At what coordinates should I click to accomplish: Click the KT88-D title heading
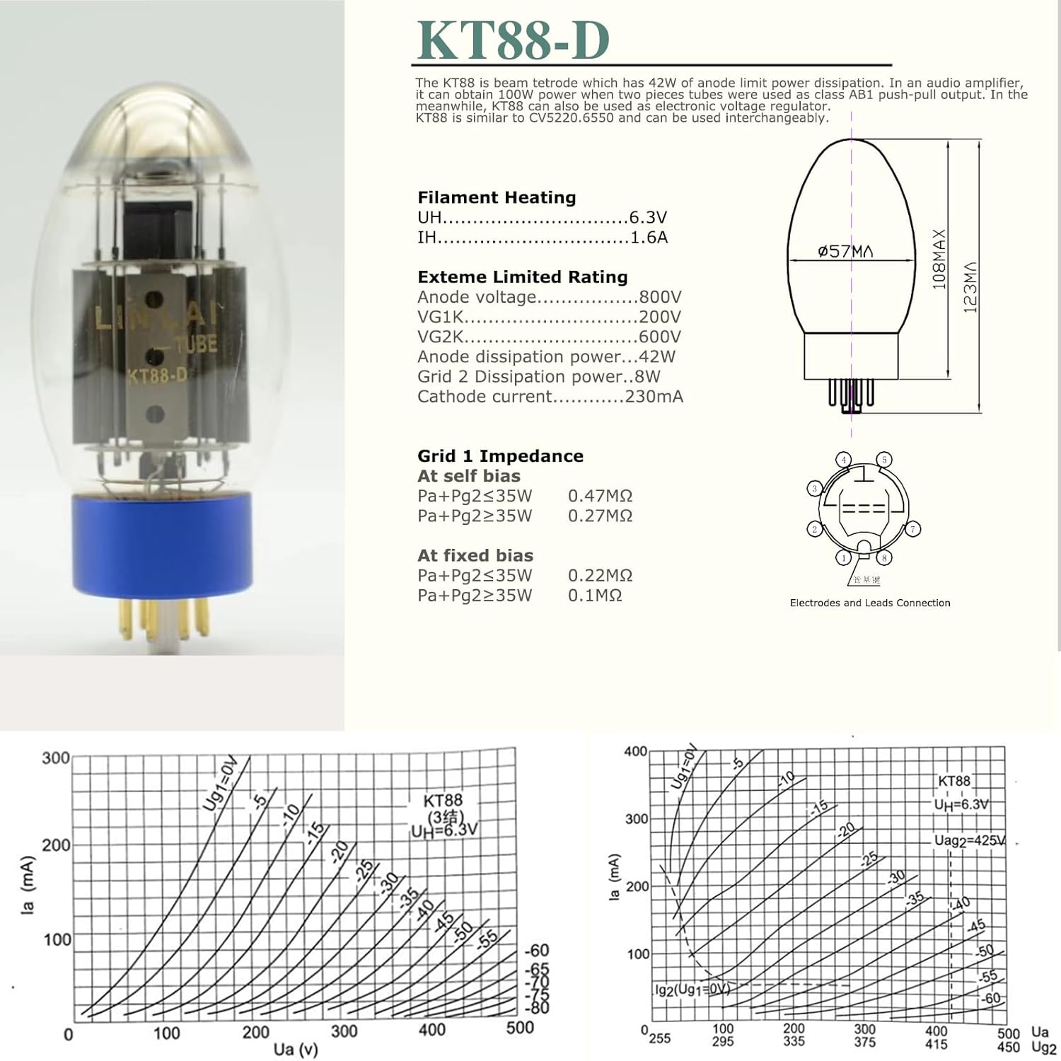pos(513,40)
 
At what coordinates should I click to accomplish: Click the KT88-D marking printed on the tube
pos(157,376)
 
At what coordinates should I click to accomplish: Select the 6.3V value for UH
pos(648,217)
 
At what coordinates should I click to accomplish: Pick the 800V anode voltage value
pos(659,297)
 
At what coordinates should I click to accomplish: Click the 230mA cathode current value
pos(654,397)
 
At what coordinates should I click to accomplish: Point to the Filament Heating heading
pos(497,197)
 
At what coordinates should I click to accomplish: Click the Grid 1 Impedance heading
pos(500,456)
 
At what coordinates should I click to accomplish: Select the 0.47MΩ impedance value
pos(600,496)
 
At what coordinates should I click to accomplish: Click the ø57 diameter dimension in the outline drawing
pos(845,251)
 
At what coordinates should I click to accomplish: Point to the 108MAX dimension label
pos(939,259)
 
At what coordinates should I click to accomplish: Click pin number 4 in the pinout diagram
pos(844,460)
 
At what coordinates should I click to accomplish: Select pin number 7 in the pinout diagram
pos(913,529)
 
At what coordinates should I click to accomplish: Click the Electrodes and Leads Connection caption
pos(870,603)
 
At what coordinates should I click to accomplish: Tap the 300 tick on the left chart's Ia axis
pos(56,758)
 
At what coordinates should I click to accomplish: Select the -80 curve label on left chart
pos(538,1007)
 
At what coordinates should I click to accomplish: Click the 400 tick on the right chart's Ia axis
pos(635,751)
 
